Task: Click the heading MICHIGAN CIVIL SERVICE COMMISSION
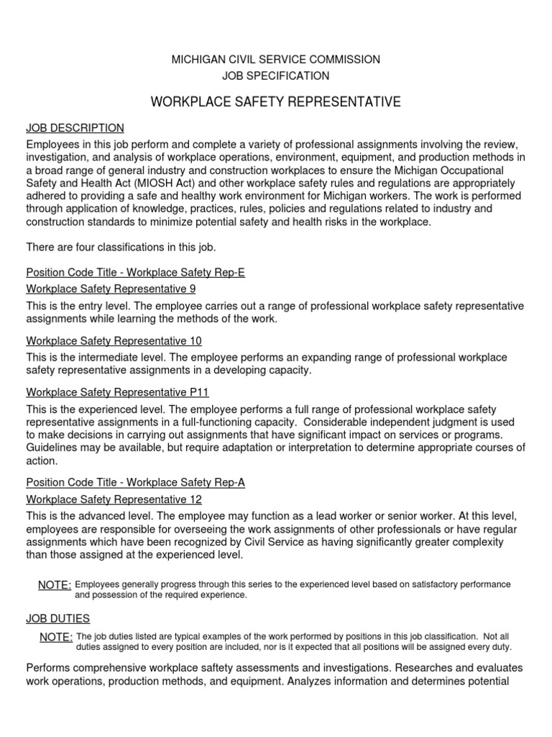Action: [276, 59]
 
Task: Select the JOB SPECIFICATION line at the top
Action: [276, 76]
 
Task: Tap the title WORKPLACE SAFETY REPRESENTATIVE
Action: [276, 103]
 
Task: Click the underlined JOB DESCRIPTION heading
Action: [75, 128]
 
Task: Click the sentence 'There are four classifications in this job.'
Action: [121, 248]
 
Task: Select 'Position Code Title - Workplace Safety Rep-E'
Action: [136, 273]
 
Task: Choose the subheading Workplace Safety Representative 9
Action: [111, 289]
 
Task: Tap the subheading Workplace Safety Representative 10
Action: [114, 340]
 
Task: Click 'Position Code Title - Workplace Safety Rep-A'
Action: [136, 483]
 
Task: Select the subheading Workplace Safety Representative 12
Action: [114, 499]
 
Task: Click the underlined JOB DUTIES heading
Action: [58, 618]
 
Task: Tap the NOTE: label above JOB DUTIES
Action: [55, 585]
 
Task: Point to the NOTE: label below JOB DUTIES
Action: [56, 638]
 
